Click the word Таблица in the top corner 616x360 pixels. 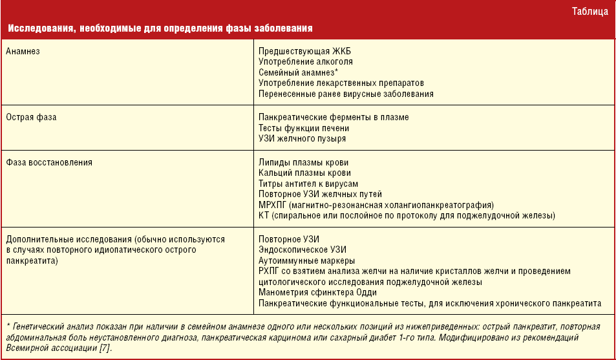589,11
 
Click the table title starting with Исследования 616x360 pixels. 161,29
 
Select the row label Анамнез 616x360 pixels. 23,51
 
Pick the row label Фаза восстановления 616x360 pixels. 49,163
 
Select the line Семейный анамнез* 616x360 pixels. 293,72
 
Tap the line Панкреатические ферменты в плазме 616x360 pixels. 334,118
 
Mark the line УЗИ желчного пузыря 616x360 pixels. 302,139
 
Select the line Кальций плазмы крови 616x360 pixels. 304,173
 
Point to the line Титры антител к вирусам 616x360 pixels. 308,184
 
